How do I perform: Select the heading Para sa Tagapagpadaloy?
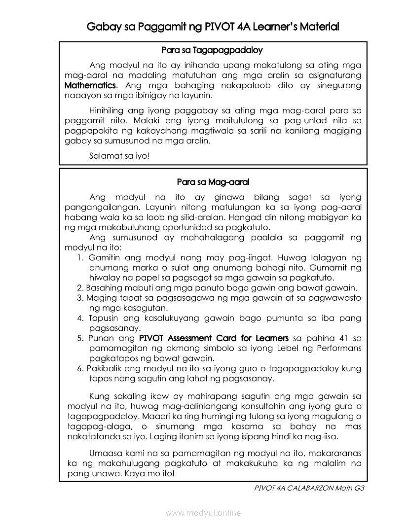click(x=212, y=50)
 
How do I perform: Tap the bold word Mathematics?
click(x=91, y=85)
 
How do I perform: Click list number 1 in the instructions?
click(x=80, y=257)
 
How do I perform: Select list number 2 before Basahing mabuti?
click(x=79, y=288)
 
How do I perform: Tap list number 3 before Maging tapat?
click(x=79, y=298)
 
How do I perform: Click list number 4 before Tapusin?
click(x=80, y=318)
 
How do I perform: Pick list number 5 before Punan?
click(x=80, y=338)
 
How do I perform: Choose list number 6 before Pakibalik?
click(x=80, y=368)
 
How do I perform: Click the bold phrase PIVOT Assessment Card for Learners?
click(x=214, y=338)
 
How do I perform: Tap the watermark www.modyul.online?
click(x=203, y=513)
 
